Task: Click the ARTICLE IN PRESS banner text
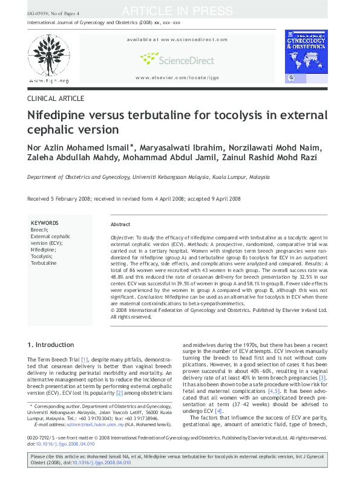pyautogui.click(x=177, y=11)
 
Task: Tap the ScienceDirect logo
pyautogui.click(x=177, y=59)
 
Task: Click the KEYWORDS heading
pyautogui.click(x=44, y=223)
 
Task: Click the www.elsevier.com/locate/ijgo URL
pyautogui.click(x=177, y=78)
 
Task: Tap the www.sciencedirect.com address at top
pyautogui.click(x=177, y=39)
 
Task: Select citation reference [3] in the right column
pyautogui.click(x=322, y=378)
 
